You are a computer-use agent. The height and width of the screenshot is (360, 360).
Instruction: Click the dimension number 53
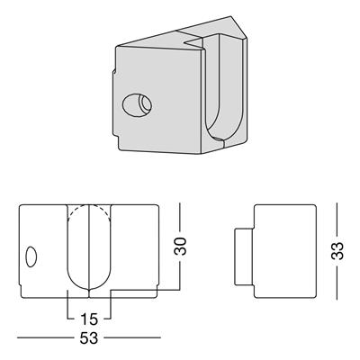click(x=89, y=338)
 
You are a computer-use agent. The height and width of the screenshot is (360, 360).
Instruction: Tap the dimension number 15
click(x=89, y=319)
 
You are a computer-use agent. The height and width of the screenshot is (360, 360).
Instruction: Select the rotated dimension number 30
click(x=180, y=247)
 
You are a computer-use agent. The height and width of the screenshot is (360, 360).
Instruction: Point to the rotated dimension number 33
click(x=337, y=250)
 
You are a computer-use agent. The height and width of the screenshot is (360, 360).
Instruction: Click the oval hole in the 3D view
click(x=137, y=105)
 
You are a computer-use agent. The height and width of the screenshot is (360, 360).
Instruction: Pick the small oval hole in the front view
click(x=31, y=256)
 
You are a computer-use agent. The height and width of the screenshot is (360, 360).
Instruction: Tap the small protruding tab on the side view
click(x=244, y=256)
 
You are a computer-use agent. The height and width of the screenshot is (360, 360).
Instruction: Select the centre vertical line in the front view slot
click(x=89, y=247)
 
